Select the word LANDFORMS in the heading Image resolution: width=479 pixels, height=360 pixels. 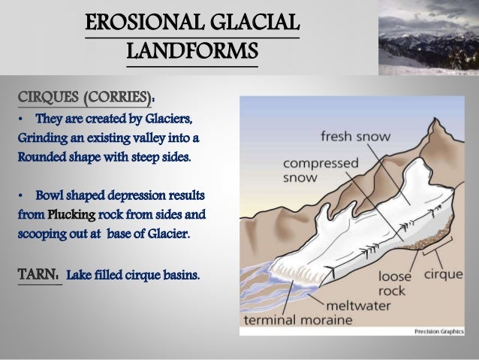pos(193,52)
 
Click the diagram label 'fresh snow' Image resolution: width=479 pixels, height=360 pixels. pos(350,138)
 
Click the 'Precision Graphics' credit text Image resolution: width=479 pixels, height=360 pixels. pos(441,332)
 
